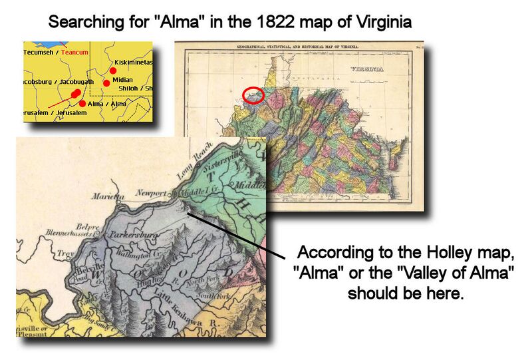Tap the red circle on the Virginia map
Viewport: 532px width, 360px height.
(253, 96)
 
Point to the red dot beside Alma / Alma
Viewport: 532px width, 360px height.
(82, 103)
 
